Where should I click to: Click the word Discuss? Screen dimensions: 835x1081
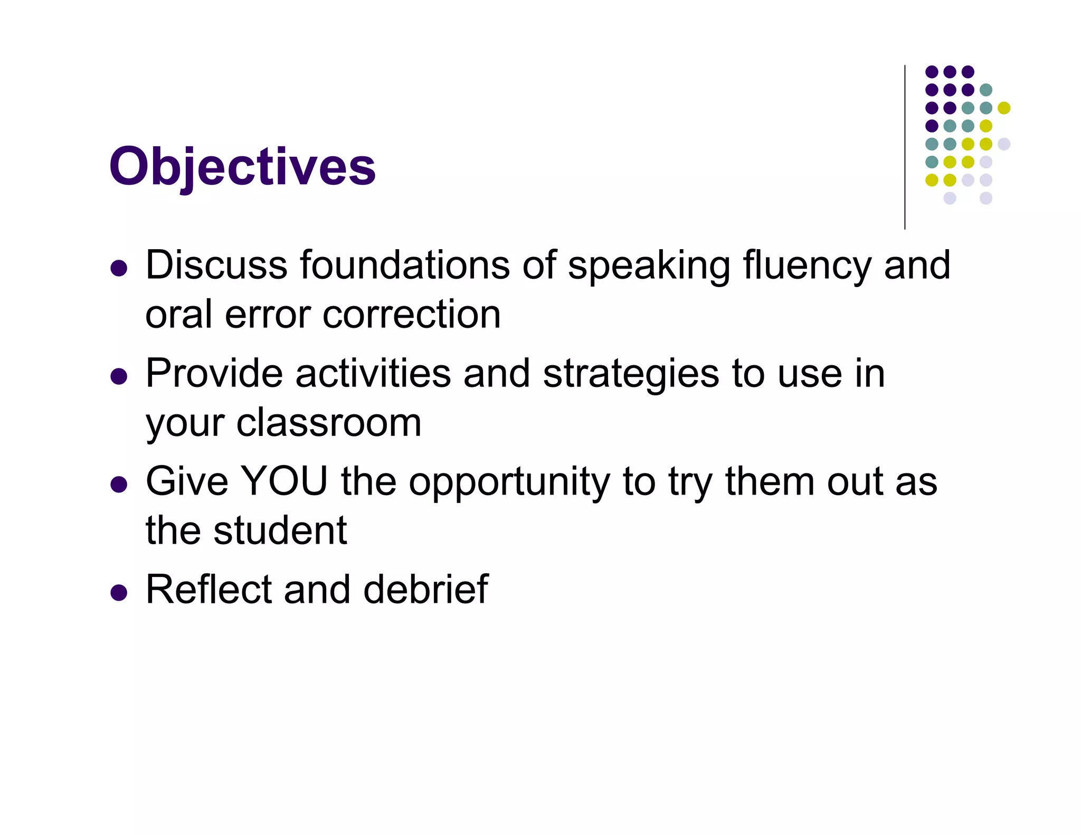coord(216,265)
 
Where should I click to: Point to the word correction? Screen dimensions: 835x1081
coord(411,315)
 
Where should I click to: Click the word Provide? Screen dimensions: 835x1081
coord(214,374)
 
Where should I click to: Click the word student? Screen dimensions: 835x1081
coord(280,530)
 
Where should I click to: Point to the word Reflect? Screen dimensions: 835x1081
coord(208,590)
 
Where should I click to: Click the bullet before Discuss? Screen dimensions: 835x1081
coord(119,268)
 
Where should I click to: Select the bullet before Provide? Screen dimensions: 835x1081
coord(119,377)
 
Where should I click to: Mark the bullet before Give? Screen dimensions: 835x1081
coord(119,485)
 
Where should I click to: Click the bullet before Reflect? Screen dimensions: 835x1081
coord(119,593)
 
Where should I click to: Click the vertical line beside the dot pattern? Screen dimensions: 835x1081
coord(905,148)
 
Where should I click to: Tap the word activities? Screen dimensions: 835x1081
coord(373,374)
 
